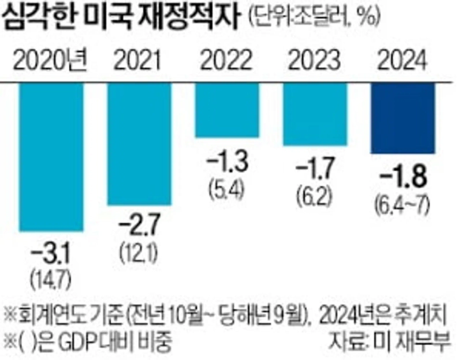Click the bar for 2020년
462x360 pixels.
tap(51, 157)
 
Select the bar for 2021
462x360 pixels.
tap(140, 144)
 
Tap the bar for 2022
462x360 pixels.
tap(228, 110)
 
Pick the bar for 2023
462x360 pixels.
tap(315, 114)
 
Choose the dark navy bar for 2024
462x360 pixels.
tap(403, 118)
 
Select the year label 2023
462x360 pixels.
tap(315, 59)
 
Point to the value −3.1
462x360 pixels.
tap(51, 252)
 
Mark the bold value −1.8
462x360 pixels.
tap(403, 174)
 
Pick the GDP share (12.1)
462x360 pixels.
tap(140, 246)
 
